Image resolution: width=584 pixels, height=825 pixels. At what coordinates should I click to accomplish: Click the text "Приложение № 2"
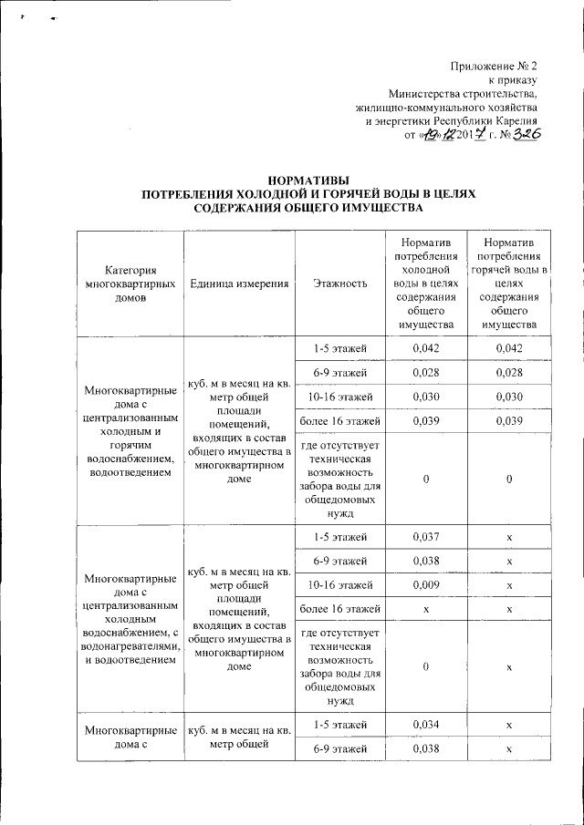pos(495,67)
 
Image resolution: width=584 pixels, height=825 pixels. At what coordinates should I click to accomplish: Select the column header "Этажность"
pos(339,284)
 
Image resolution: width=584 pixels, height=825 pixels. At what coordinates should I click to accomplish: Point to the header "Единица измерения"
pos(240,284)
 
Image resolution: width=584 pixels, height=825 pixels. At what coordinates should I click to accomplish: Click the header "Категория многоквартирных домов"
pos(130,284)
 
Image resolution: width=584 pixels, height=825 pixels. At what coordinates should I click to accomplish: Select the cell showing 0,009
pos(426,583)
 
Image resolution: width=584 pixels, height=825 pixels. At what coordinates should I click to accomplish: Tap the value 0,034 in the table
pos(426,725)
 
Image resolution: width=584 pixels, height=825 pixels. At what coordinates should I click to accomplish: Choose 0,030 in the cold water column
pos(426,397)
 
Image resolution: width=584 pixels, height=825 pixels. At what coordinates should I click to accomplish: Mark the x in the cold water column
pos(426,607)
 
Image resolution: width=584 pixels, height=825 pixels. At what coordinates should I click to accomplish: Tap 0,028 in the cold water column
pos(426,373)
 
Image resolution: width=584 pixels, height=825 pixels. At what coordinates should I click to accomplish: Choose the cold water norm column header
pos(426,284)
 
